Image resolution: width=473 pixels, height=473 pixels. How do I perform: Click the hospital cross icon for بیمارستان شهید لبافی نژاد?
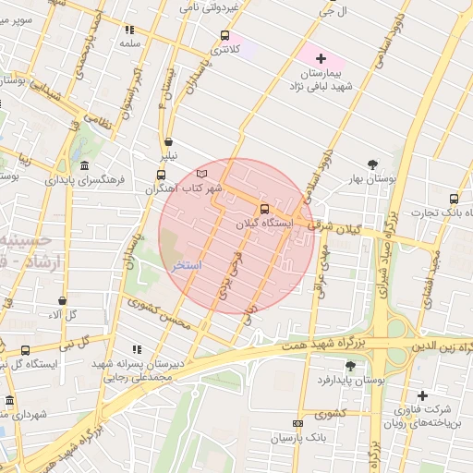(321, 58)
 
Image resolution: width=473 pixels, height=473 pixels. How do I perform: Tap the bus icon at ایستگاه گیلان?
(265, 209)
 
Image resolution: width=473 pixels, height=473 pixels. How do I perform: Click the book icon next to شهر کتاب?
(202, 173)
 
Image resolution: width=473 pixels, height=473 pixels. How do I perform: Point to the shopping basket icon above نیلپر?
(168, 142)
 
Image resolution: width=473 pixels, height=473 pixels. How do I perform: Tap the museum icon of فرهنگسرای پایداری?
(84, 165)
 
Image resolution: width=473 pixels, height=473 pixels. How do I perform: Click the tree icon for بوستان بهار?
(372, 164)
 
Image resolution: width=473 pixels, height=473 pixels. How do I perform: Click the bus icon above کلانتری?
(224, 36)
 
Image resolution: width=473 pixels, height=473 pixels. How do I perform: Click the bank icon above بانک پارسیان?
(297, 423)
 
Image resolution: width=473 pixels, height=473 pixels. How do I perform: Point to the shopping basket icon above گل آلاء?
(62, 300)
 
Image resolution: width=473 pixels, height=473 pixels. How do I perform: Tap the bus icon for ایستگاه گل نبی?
(24, 350)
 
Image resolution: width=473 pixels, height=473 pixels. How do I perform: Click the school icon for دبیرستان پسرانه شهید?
(137, 350)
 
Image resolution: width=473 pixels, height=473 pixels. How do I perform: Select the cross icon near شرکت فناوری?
(422, 394)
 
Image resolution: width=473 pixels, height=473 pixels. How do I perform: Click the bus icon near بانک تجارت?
(454, 199)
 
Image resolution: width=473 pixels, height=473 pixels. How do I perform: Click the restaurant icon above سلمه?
(128, 30)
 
